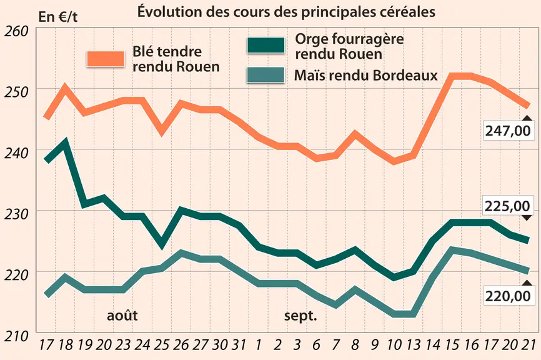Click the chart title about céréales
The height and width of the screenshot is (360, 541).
[286, 12]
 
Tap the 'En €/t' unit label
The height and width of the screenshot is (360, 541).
[58, 17]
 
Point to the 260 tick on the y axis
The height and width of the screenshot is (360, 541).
[16, 31]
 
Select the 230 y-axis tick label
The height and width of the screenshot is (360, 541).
[16, 214]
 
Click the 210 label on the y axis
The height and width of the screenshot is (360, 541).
[16, 336]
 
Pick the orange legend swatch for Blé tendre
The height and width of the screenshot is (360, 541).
[106, 59]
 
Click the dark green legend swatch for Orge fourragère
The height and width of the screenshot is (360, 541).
[266, 46]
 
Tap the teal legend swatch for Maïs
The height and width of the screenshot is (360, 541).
[266, 75]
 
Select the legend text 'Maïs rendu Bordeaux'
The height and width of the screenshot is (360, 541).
[366, 75]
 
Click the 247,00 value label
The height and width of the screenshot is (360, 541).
[507, 131]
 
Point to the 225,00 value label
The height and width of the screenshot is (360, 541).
[507, 206]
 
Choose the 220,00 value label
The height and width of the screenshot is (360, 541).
[507, 296]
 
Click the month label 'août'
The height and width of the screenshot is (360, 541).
[122, 316]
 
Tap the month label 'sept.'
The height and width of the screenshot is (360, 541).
[300, 316]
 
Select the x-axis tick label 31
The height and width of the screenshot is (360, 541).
[239, 345]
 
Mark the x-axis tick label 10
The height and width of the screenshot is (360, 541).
[394, 345]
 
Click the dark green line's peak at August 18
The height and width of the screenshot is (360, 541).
[65, 141]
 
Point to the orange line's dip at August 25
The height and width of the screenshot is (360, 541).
[162, 132]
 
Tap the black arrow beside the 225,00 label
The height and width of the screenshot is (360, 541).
[527, 217]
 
